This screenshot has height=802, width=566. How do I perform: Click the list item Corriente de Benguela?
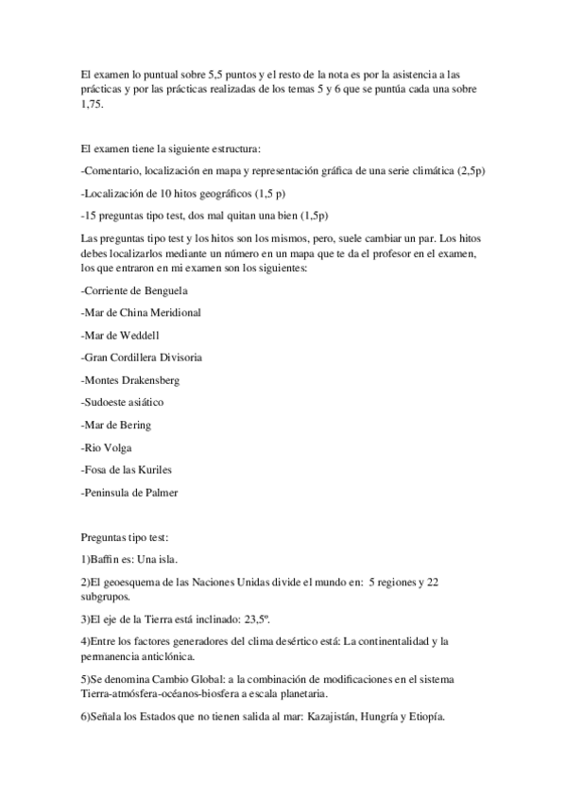(134, 288)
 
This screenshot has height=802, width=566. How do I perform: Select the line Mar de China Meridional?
(141, 311)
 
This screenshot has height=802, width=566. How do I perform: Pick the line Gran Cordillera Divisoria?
(141, 357)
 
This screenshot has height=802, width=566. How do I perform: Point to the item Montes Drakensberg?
(130, 380)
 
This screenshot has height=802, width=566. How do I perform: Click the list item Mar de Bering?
(116, 426)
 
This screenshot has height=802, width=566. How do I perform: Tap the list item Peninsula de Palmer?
(129, 493)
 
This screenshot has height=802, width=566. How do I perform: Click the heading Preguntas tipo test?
(125, 537)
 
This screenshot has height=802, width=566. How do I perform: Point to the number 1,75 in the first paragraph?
(91, 104)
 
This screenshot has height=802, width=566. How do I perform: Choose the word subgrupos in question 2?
(108, 597)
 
